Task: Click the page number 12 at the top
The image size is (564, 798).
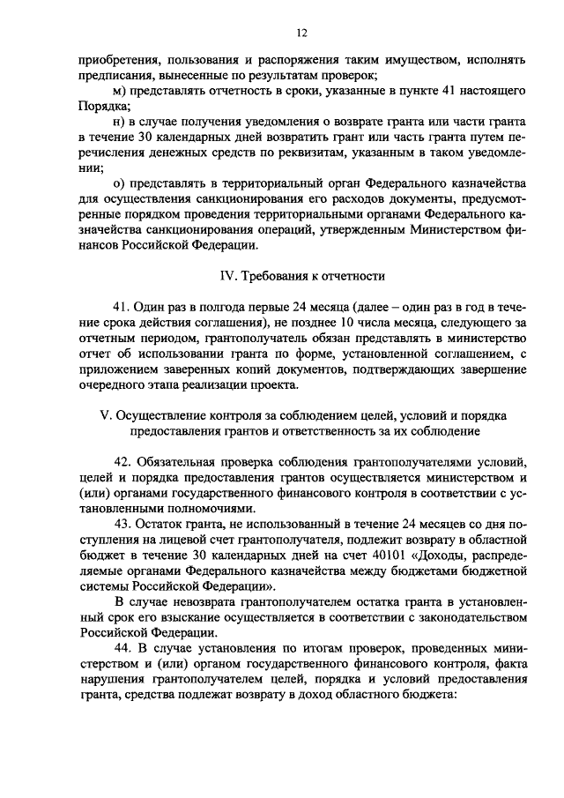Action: point(301,33)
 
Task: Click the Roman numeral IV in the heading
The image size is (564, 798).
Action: point(226,276)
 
